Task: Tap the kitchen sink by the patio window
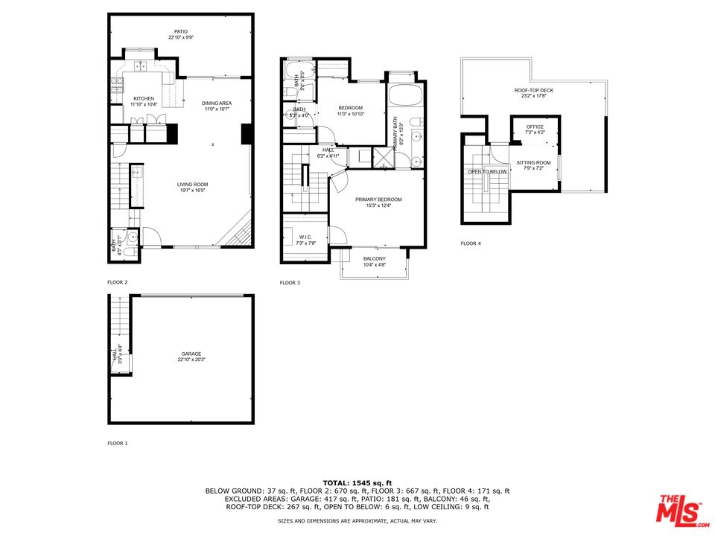tap(140, 66)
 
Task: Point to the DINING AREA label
tap(217, 103)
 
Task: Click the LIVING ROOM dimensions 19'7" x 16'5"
tap(192, 191)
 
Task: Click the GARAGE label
tap(191, 354)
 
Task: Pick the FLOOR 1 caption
tap(118, 444)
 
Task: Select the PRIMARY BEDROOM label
tap(378, 200)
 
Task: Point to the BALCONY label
tap(375, 258)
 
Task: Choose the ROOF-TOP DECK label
tap(534, 91)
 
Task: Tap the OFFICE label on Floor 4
tap(535, 127)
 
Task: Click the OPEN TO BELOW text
tap(487, 171)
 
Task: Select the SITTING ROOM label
tap(534, 162)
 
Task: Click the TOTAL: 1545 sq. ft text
tap(357, 483)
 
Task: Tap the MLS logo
tap(679, 509)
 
